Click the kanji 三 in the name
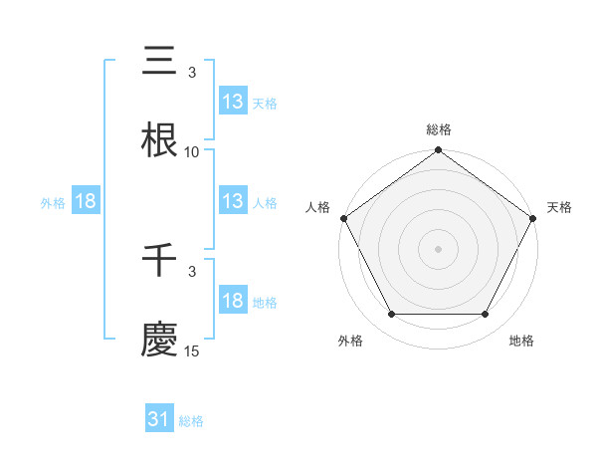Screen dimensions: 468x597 [160, 62]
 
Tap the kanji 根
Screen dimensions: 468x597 [160, 140]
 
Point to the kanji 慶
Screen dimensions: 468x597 [160, 340]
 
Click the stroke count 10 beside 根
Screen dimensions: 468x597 [192, 152]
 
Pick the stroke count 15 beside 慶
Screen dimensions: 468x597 [192, 351]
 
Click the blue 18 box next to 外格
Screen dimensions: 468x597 [86, 201]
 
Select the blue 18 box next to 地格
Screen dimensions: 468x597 [232, 301]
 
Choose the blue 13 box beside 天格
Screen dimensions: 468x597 [232, 101]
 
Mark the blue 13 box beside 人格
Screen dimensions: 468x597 [232, 201]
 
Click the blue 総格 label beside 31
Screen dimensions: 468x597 [191, 421]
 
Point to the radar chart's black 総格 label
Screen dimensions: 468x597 [438, 129]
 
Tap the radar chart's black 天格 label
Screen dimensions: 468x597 [559, 207]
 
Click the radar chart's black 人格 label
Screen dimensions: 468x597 [317, 207]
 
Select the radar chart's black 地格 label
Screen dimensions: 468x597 [521, 341]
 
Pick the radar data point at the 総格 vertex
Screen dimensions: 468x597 [438, 151]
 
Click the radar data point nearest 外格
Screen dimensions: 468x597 [391, 315]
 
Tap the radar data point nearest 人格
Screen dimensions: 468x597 [343, 218]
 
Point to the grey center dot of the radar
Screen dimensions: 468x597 [438, 249]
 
